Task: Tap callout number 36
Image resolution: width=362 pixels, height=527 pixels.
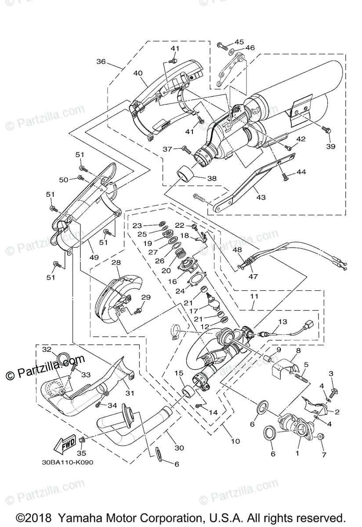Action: pyautogui.click(x=101, y=62)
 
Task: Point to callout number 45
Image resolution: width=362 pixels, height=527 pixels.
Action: pyautogui.click(x=239, y=42)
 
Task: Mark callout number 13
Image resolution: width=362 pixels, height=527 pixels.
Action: pyautogui.click(x=282, y=321)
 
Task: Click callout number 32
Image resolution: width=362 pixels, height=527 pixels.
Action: pyautogui.click(x=47, y=349)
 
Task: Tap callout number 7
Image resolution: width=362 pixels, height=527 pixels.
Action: pyautogui.click(x=323, y=455)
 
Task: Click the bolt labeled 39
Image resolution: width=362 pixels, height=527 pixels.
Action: pyautogui.click(x=326, y=129)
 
